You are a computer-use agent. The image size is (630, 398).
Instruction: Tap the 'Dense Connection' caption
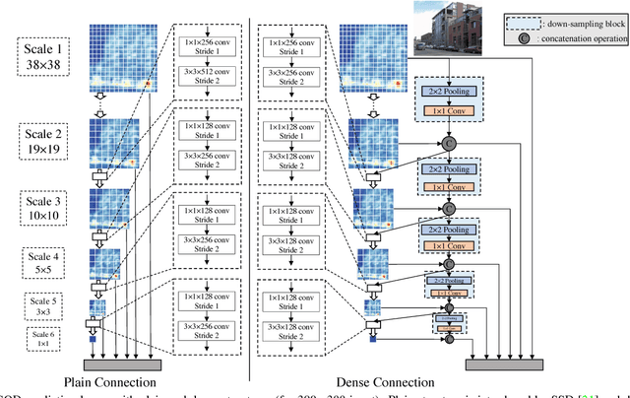(x=385, y=382)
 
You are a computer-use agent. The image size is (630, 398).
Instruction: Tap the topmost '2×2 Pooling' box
(x=449, y=90)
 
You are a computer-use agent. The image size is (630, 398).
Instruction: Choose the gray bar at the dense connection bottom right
(x=509, y=363)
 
